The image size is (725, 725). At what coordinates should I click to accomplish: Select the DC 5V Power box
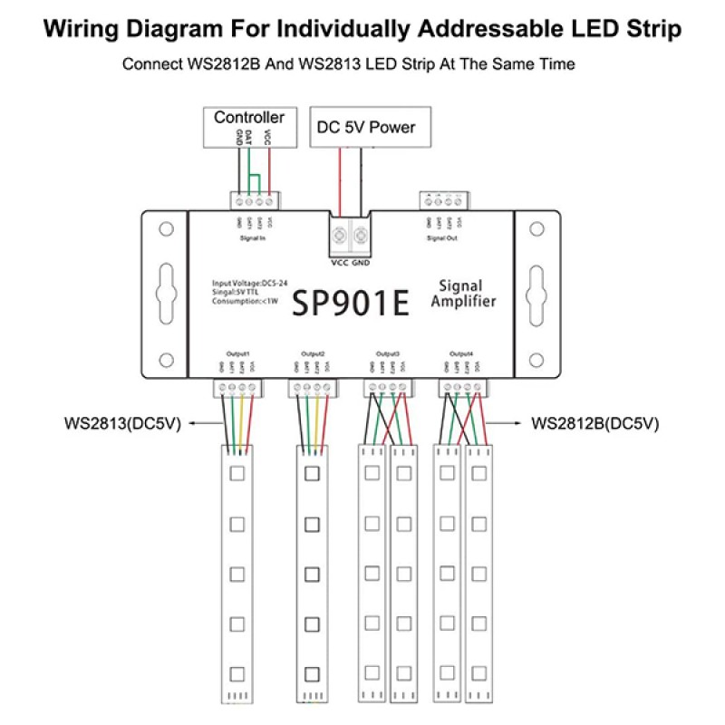tap(366, 127)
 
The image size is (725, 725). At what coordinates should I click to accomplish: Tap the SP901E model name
tap(350, 302)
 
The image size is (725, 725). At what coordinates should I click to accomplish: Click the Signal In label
tap(253, 238)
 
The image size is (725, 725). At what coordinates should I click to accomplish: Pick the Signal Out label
tap(441, 238)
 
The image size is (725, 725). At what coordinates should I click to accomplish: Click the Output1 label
tap(237, 353)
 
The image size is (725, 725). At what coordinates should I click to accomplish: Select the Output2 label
tap(313, 353)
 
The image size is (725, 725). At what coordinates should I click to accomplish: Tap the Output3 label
tap(387, 353)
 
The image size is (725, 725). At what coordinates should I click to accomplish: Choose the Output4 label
tap(461, 353)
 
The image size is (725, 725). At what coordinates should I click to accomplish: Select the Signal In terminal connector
tap(253, 199)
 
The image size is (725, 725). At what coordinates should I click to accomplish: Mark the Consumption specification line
tap(246, 300)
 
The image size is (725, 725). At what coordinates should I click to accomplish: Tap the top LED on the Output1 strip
tap(237, 473)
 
